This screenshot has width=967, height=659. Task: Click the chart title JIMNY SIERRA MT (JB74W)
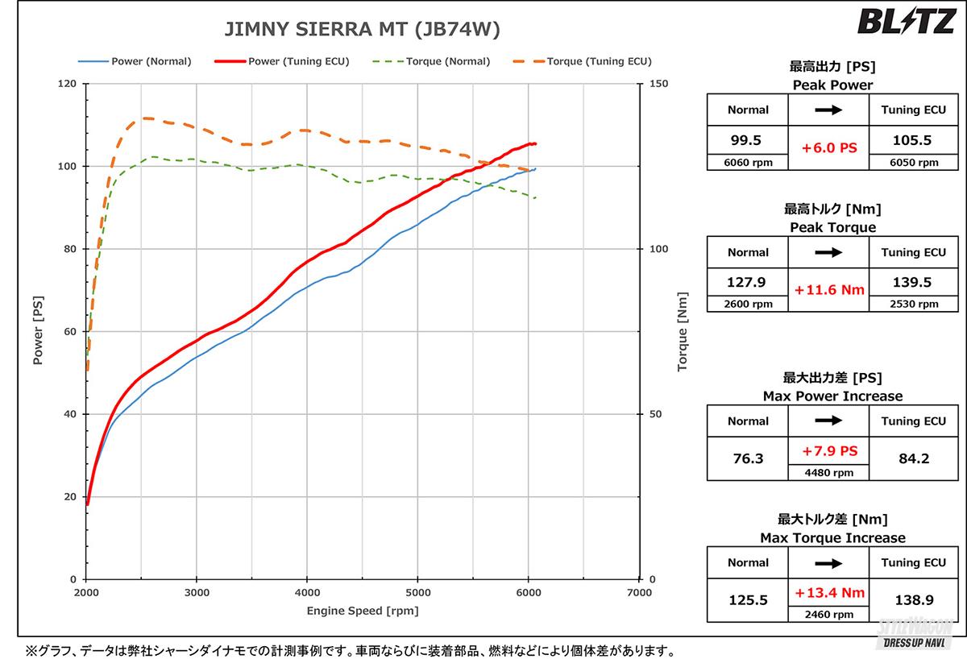coord(361,31)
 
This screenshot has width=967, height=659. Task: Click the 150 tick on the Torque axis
coord(658,84)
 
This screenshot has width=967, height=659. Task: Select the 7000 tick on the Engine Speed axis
coord(638,593)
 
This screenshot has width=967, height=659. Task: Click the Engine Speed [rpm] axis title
coord(362,611)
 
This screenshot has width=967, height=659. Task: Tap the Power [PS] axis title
coord(38,331)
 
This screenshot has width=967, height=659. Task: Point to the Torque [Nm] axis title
coord(683,331)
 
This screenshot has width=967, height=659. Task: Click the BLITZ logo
coord(908,22)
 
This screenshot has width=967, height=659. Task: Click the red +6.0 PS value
coord(828,148)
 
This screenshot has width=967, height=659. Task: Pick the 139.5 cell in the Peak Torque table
coord(913,282)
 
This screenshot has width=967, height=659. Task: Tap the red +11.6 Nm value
coord(828,290)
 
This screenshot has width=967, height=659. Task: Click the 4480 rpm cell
coord(828,473)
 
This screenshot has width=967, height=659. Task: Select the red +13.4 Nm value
coord(828,594)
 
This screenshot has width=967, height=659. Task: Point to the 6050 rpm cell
coord(913,162)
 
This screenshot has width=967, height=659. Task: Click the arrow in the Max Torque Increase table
coord(828,562)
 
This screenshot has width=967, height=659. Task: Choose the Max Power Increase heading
coord(832,396)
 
